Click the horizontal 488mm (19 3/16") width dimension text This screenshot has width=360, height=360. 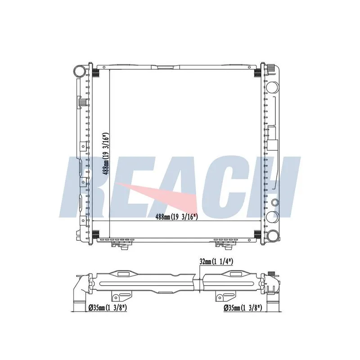pyautogui.click(x=176, y=216)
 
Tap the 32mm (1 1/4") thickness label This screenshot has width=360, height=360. pyautogui.click(x=216, y=261)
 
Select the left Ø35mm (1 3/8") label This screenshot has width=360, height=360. pyautogui.click(x=108, y=308)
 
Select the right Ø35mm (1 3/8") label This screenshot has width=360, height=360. pyautogui.click(x=243, y=308)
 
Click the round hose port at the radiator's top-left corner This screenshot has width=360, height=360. pyautogui.click(x=79, y=71)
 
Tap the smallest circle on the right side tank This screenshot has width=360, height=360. pyautogui.click(x=275, y=202)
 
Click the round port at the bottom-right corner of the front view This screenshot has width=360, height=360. pyautogui.click(x=273, y=236)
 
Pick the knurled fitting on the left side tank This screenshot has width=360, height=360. pyautogui.click(x=82, y=102)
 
